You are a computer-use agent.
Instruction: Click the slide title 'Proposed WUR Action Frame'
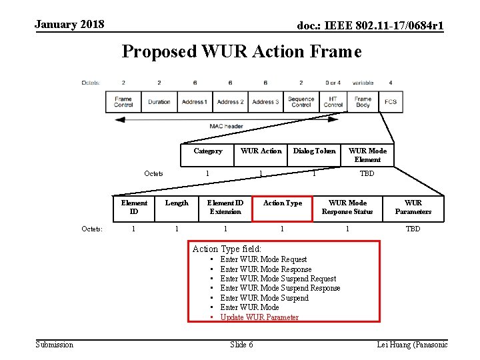point(241,51)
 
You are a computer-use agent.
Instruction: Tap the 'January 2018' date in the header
point(69,25)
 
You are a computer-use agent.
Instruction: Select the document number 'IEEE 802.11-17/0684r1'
point(371,25)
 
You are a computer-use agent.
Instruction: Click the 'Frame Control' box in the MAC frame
point(123,102)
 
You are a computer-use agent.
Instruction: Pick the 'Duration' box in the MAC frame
point(159,102)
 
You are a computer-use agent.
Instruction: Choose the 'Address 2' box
point(230,102)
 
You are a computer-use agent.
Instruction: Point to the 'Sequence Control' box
point(301,102)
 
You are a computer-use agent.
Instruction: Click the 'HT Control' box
point(333,102)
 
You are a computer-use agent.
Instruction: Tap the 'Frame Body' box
point(363,102)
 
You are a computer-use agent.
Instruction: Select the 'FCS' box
point(390,102)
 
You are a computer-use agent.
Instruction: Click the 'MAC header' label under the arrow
point(226,126)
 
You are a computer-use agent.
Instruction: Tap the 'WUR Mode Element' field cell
point(367,155)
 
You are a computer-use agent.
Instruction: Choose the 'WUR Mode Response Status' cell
point(347,207)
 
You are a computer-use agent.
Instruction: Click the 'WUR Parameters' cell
point(413,207)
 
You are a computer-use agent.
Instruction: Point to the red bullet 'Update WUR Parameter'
point(259,317)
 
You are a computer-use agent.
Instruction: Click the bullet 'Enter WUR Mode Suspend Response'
point(280,288)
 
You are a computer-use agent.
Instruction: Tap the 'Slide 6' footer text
point(241,344)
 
